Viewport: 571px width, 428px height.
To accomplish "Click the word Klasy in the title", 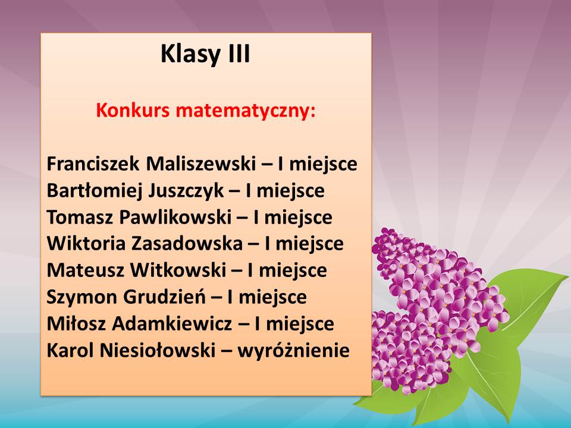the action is pyautogui.click(x=190, y=54).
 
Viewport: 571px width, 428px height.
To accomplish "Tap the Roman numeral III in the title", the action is pyautogui.click(x=239, y=53).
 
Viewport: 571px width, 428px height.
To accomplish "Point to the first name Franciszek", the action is pyautogui.click(x=93, y=164).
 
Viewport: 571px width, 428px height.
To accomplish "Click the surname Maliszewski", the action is pyautogui.click(x=201, y=164).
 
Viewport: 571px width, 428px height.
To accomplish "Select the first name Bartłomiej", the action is pyautogui.click(x=94, y=191).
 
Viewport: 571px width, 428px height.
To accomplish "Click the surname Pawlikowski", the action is pyautogui.click(x=175, y=218).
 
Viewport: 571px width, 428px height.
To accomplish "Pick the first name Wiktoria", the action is pyautogui.click(x=86, y=244).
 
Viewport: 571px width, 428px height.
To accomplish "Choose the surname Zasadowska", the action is pyautogui.click(x=187, y=244).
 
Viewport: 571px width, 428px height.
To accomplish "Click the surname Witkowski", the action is pyautogui.click(x=178, y=270).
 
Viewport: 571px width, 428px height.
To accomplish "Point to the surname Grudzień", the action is pyautogui.click(x=165, y=297).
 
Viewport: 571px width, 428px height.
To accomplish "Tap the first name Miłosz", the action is pyautogui.click(x=76, y=323).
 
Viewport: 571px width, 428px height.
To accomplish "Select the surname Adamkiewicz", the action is pyautogui.click(x=172, y=323).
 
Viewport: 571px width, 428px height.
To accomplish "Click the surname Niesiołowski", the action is pyautogui.click(x=157, y=351).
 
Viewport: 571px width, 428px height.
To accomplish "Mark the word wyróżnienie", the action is pyautogui.click(x=293, y=351).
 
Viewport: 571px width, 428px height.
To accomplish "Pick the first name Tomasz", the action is pyautogui.click(x=80, y=218).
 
